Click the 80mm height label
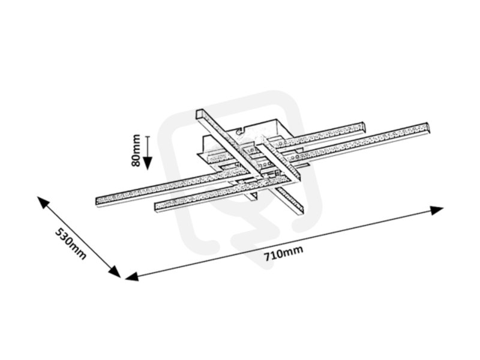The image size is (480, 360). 136,151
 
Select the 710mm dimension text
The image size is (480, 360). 284,253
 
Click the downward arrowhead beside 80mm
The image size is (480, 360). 148,163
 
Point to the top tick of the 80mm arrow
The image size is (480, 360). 148,136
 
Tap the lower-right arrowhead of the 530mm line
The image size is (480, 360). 115,272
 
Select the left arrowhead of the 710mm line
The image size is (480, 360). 132,277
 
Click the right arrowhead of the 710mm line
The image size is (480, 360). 437,211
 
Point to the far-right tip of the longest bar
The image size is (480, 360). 428,127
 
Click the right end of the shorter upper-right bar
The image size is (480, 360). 364,127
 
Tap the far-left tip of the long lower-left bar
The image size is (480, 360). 97,202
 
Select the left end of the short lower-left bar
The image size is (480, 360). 155,206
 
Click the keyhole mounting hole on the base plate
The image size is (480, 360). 238,132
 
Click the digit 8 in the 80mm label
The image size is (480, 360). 136,163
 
